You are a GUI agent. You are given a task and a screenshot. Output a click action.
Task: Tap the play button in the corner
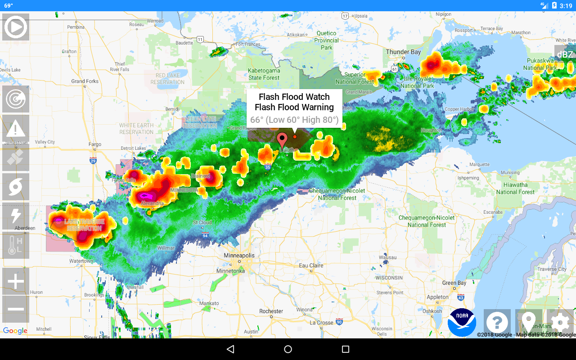[16, 27]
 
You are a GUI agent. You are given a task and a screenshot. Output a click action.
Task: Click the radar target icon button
[16, 99]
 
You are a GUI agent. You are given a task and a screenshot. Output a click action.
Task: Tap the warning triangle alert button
[16, 129]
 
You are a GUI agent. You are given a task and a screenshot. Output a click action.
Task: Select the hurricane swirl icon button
[16, 187]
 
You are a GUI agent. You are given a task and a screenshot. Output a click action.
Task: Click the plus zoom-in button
[16, 282]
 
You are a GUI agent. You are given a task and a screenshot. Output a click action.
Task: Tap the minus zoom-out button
[16, 309]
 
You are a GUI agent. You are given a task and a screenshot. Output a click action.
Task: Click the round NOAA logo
[462, 322]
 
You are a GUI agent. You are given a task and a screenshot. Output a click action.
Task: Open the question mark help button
[497, 323]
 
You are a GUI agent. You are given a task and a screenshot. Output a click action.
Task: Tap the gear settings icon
[560, 323]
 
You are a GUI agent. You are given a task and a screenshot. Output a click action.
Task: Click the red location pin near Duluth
[282, 140]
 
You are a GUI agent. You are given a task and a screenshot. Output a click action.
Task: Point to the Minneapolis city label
[239, 256]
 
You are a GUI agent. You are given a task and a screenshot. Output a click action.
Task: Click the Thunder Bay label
[403, 52]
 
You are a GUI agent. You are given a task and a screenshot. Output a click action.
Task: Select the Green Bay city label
[454, 283]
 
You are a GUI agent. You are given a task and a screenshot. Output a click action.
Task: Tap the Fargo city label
[95, 144]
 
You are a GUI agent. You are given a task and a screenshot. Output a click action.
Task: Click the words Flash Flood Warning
[294, 107]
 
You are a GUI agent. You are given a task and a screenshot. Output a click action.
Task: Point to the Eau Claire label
[311, 265]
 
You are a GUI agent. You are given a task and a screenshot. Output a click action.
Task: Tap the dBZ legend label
[565, 54]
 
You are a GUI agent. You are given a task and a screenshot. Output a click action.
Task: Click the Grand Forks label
[85, 81]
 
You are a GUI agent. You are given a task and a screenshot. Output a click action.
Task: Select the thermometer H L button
[16, 246]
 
